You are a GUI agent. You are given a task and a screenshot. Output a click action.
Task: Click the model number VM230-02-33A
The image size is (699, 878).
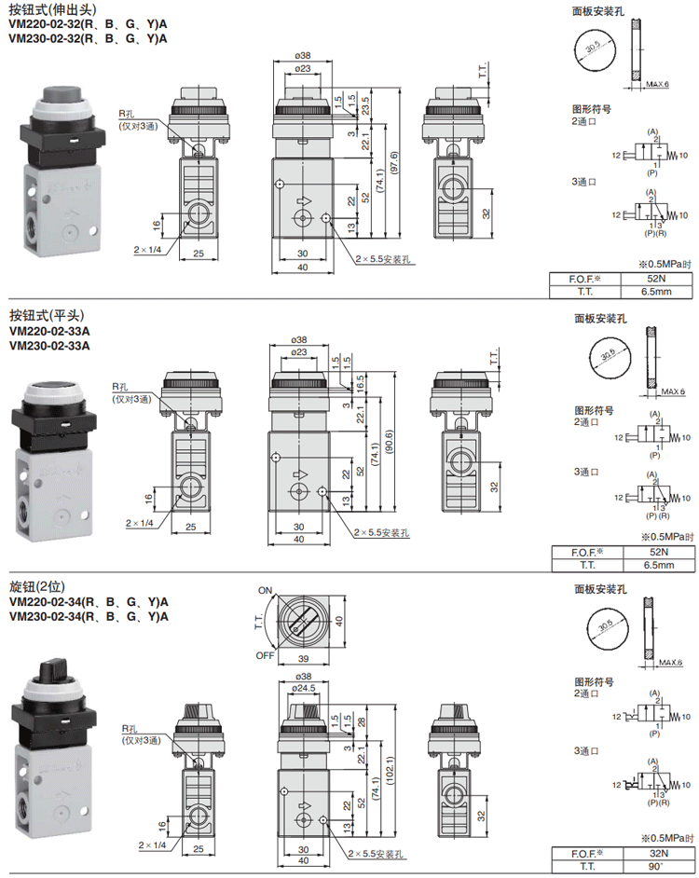pos(48,346)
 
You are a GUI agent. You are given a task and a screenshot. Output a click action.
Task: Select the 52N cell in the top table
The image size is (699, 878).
pos(658,278)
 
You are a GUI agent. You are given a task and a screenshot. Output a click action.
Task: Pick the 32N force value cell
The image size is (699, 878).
pos(658,853)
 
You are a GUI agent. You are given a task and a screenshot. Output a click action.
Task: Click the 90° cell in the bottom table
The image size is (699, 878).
pos(658,866)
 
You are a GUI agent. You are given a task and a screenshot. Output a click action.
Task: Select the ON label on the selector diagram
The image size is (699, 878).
pos(266,591)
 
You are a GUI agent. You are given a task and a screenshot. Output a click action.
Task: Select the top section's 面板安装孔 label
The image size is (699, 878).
pos(599,11)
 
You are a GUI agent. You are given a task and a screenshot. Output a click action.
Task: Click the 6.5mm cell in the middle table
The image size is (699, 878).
pos(658,564)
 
